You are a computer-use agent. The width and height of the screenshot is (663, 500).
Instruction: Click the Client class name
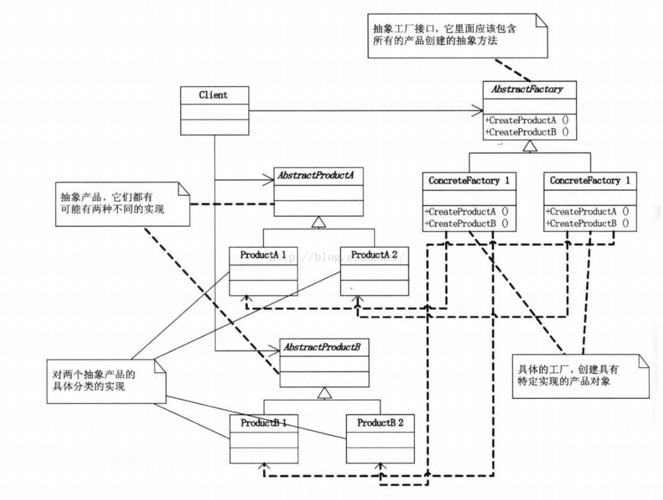point(213,95)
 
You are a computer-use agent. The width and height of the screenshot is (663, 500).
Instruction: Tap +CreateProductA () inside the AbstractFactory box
point(525,120)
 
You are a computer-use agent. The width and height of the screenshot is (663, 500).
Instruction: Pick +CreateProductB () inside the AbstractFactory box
point(525,132)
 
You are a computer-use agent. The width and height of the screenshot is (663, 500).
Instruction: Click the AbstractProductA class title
point(318,175)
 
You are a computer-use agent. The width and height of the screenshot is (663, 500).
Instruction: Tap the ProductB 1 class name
point(263,423)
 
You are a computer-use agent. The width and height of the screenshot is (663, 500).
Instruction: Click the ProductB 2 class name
point(380,423)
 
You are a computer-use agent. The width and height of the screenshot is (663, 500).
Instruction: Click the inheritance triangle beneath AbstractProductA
point(318,222)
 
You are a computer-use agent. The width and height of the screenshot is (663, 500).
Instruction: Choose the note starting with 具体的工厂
point(579,375)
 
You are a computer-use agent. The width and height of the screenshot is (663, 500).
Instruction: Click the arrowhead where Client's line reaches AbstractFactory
point(477,111)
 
